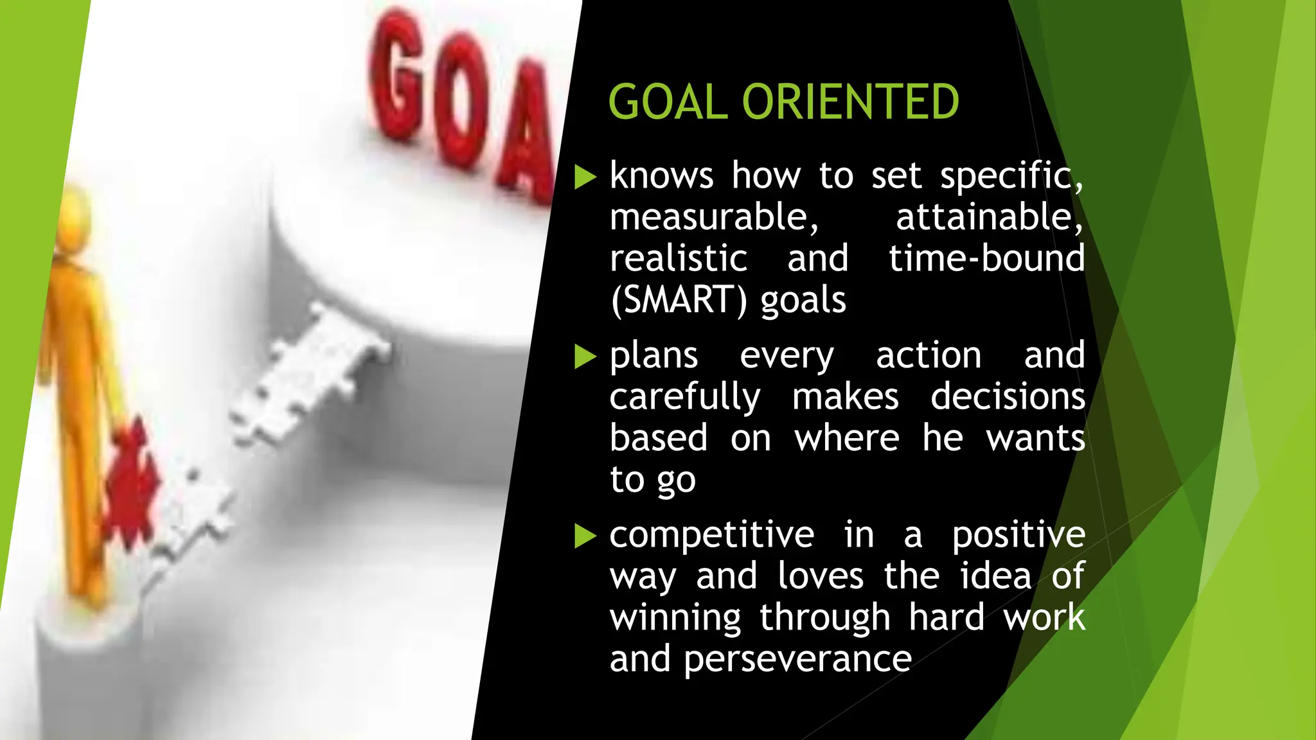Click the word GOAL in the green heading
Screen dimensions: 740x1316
click(668, 102)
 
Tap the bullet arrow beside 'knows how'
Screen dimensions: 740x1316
click(585, 177)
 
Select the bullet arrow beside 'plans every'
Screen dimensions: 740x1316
click(585, 357)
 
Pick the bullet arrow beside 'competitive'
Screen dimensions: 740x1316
click(585, 536)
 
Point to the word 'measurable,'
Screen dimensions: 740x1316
click(714, 217)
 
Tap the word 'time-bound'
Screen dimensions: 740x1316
click(986, 258)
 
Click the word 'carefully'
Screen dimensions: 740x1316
click(685, 398)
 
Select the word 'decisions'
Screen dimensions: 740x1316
click(1008, 396)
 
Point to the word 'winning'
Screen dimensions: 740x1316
click(675, 619)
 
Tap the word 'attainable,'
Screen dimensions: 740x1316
click(989, 217)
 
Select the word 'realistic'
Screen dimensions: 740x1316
click(679, 258)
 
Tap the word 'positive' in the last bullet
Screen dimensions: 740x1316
click(1018, 535)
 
